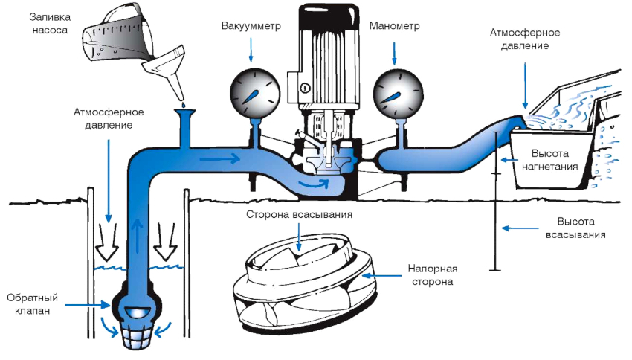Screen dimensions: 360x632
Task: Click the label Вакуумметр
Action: point(250,26)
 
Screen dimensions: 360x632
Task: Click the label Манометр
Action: point(395,26)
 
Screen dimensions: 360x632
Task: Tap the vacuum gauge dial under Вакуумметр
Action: point(251,92)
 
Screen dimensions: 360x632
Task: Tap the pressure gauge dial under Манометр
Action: point(395,92)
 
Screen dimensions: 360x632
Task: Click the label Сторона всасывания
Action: point(297,215)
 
